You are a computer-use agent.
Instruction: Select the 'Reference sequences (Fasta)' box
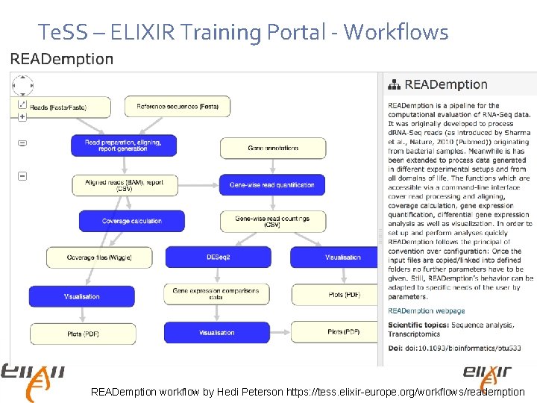(178, 107)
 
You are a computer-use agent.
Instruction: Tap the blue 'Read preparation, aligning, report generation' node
(123, 146)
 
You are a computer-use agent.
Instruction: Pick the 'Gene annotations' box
(273, 148)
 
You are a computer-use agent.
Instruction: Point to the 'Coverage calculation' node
(131, 221)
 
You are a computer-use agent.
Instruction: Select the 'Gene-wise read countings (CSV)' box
(272, 221)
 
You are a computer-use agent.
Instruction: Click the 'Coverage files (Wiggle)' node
(99, 257)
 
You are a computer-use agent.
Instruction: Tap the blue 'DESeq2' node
(219, 257)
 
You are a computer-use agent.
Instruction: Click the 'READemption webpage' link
(426, 311)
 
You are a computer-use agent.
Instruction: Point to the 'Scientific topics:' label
(417, 325)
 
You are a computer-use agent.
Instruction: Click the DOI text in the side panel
(454, 348)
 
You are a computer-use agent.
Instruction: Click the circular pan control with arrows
(22, 87)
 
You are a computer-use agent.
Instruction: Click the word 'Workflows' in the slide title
(397, 32)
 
